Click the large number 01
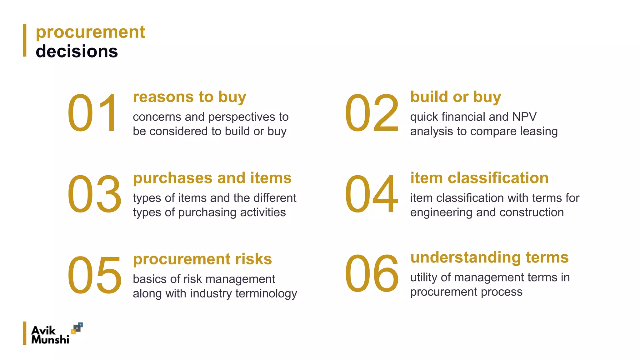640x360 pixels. pyautogui.click(x=93, y=113)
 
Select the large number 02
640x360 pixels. pyautogui.click(x=372, y=113)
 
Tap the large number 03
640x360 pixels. pyautogui.click(x=94, y=194)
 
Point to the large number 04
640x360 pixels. pyautogui.click(x=372, y=194)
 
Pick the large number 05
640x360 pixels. pyautogui.click(x=94, y=275)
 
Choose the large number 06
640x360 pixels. pyautogui.click(x=372, y=274)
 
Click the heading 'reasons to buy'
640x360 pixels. pyautogui.click(x=189, y=97)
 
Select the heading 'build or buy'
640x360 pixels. pyautogui.click(x=456, y=97)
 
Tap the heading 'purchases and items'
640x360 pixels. pyautogui.click(x=212, y=178)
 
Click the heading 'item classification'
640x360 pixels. pyautogui.click(x=479, y=178)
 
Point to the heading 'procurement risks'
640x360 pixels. pyautogui.click(x=202, y=259)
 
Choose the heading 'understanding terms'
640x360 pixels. pyautogui.click(x=489, y=257)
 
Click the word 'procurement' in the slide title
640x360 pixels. pyautogui.click(x=91, y=32)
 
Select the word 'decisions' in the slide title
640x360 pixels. pyautogui.click(x=77, y=51)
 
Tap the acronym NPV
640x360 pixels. pyautogui.click(x=524, y=117)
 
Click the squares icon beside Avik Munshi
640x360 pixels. pyautogui.click(x=77, y=328)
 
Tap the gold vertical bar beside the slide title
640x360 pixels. pyautogui.click(x=25, y=40)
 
